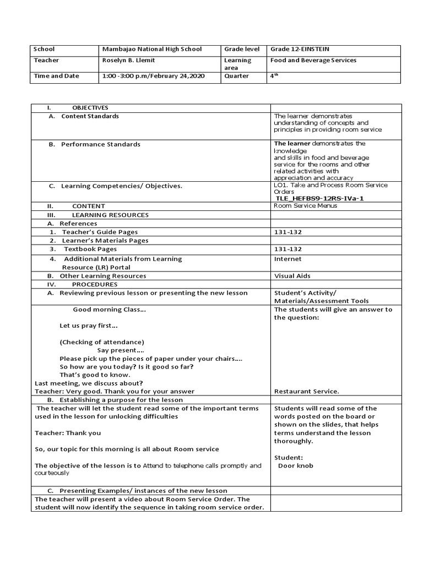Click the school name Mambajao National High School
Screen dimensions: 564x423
(152, 49)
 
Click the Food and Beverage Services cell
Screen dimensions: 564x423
(313, 60)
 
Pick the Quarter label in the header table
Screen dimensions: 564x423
(236, 76)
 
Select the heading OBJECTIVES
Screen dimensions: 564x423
(90, 107)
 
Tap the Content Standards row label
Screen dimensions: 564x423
(90, 116)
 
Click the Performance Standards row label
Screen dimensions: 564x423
(100, 144)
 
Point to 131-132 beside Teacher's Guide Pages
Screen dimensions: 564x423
(288, 232)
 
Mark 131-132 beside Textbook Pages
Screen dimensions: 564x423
(288, 249)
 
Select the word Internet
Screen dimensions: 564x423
(288, 259)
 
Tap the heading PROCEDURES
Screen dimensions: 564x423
(95, 284)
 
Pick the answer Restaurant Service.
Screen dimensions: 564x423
(306, 392)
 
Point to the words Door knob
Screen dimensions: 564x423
(296, 465)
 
